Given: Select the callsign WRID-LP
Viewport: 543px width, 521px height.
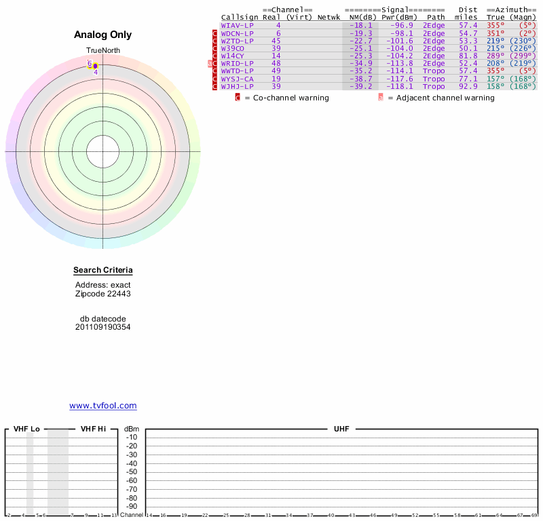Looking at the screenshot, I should (237, 63).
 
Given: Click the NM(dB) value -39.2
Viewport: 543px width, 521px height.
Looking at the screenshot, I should (360, 86).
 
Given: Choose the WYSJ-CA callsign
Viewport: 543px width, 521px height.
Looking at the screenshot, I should (237, 79).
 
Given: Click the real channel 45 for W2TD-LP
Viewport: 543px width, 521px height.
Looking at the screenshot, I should (276, 41).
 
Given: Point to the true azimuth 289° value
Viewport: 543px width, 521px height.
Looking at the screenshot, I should (496, 56).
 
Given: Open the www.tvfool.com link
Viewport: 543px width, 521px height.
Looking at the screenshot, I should (103, 406).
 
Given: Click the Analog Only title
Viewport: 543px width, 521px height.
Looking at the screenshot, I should (103, 35).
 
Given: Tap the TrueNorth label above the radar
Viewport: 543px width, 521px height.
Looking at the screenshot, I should (102, 51).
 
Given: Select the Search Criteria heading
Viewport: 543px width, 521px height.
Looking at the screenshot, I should (103, 271).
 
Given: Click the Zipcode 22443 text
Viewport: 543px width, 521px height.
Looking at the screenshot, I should (103, 294).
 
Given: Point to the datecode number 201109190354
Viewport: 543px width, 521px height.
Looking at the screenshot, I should (103, 327).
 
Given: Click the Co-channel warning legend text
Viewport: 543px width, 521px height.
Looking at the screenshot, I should (286, 98).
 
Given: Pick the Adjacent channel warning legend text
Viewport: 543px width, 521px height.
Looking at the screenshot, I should (441, 98).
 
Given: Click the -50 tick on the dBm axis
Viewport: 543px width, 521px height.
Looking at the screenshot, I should (132, 472).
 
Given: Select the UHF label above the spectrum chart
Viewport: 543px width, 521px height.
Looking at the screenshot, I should (340, 429).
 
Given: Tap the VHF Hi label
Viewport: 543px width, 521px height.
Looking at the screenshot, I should (93, 429).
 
